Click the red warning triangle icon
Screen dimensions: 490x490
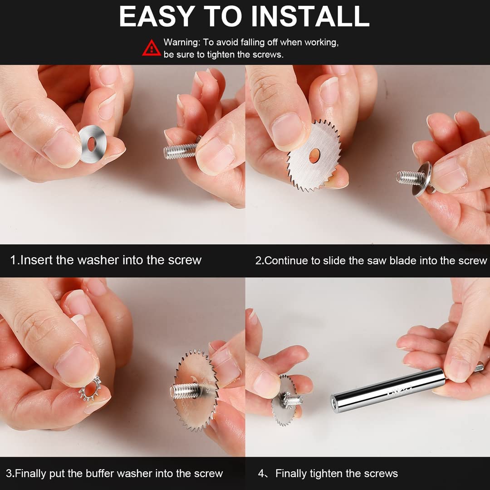[x=152, y=48]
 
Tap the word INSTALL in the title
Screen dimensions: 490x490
[x=310, y=16]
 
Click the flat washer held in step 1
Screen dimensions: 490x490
[x=93, y=144]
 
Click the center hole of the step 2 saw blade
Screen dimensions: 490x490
[x=315, y=156]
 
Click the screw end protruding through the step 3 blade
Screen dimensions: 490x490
[x=185, y=391]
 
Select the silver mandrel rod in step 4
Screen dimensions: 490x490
[x=387, y=390]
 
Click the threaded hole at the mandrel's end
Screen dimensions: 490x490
[x=335, y=403]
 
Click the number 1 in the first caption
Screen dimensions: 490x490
[x=14, y=260]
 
